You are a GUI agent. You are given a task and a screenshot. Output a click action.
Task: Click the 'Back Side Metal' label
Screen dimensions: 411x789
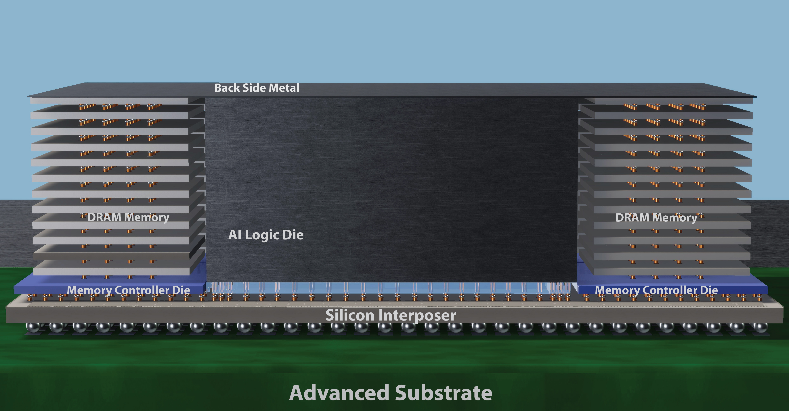[257, 88]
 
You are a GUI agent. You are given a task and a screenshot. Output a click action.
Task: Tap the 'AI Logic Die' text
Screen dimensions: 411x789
[266, 235]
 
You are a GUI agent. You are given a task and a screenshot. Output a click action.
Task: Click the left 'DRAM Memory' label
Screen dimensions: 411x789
[128, 218]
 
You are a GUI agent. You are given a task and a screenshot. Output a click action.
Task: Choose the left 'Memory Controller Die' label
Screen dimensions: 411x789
[128, 290]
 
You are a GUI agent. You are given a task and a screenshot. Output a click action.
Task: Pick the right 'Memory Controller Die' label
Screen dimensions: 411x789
[656, 290]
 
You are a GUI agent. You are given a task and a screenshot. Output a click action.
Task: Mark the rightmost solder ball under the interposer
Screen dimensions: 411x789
[760, 327]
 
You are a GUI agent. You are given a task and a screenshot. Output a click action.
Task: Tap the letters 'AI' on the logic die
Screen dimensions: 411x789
[235, 235]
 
